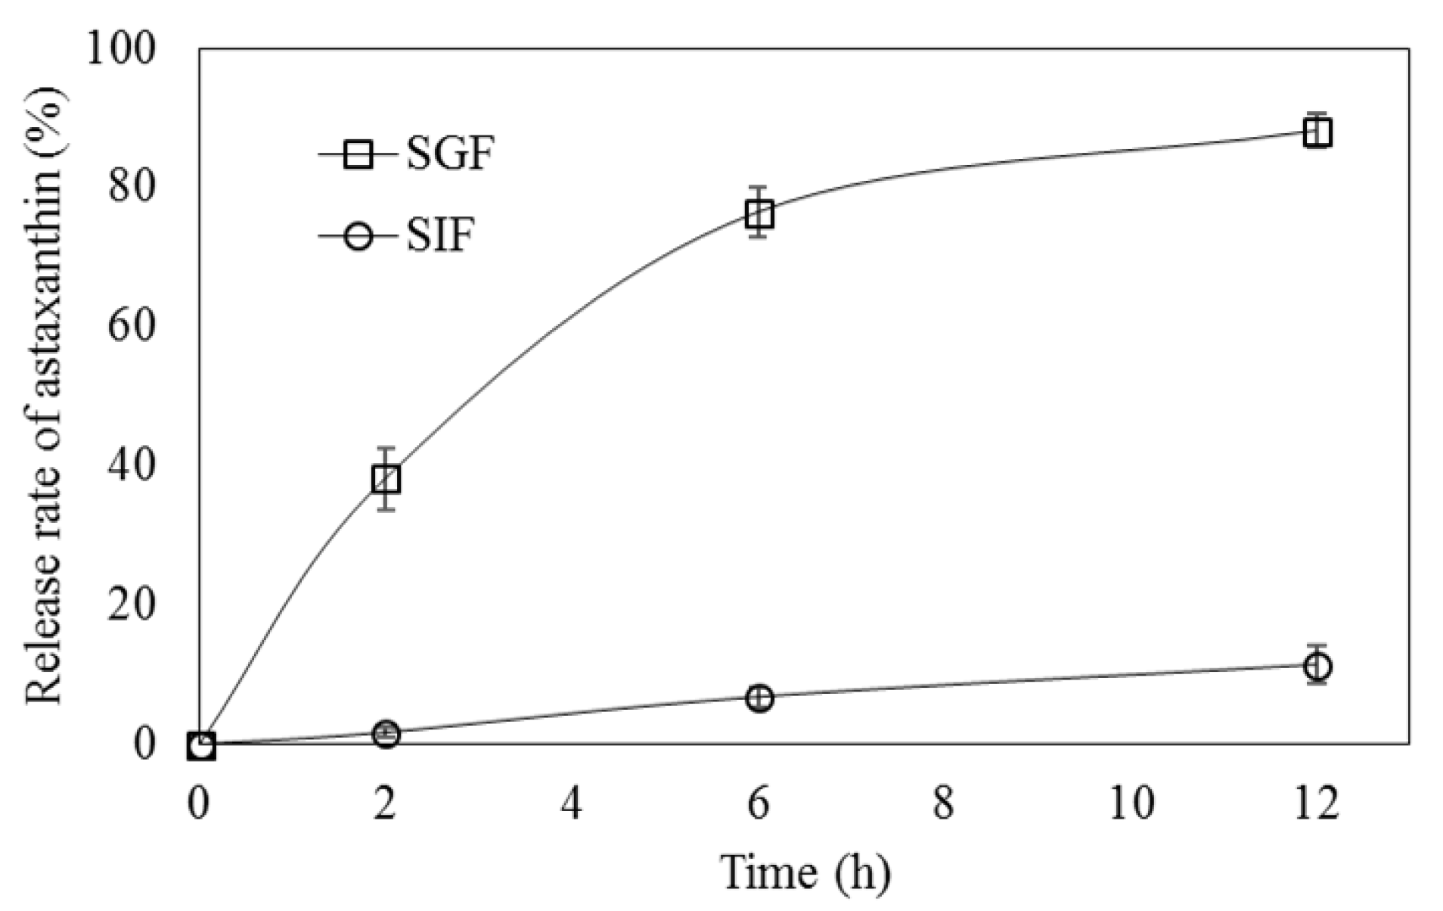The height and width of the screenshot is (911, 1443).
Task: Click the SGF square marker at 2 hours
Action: click(386, 479)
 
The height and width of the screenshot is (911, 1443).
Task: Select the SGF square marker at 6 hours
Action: click(759, 214)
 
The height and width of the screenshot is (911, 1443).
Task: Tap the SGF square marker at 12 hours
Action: click(1317, 133)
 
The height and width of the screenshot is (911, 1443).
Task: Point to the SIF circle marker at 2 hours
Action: click(386, 734)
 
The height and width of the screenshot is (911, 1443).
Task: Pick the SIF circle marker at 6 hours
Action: click(759, 698)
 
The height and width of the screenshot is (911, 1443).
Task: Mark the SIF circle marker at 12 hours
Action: click(1317, 666)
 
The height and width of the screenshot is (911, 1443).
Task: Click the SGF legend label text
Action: click(450, 155)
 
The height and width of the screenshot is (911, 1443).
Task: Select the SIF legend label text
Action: click(440, 235)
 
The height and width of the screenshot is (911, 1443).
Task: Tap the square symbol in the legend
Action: click(358, 155)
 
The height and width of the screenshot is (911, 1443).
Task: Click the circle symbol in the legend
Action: click(358, 236)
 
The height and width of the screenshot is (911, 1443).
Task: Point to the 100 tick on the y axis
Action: click(121, 50)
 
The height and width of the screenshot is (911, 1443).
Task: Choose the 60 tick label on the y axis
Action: click(132, 327)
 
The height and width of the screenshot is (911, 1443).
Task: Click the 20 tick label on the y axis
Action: click(132, 605)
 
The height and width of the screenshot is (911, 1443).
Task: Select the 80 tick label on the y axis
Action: click(132, 188)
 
